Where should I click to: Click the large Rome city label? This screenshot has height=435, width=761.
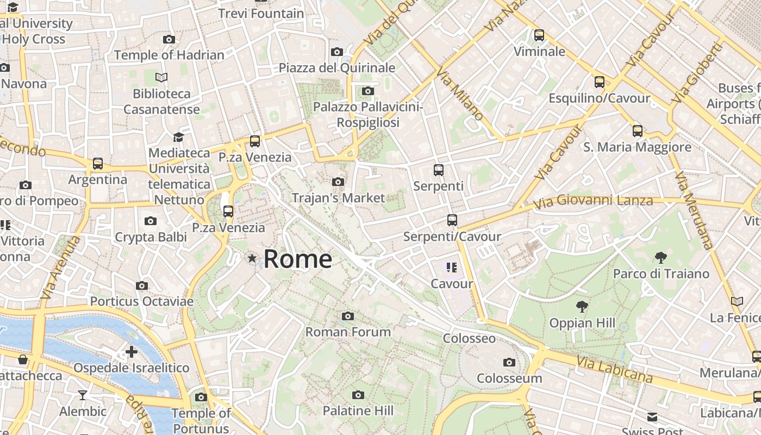click(x=297, y=259)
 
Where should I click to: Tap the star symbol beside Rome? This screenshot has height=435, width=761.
click(x=252, y=258)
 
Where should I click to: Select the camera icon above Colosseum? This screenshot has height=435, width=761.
click(x=509, y=362)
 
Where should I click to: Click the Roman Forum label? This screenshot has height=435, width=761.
click(x=348, y=332)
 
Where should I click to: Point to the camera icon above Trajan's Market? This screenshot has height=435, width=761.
click(x=338, y=182)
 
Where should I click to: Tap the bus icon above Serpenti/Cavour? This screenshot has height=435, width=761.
click(x=452, y=220)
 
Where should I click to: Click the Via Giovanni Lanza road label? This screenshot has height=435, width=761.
click(x=593, y=202)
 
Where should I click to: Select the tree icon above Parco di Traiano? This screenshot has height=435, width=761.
click(x=661, y=257)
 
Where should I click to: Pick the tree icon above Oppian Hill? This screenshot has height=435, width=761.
click(x=582, y=307)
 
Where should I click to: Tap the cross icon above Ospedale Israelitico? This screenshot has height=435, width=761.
click(x=132, y=352)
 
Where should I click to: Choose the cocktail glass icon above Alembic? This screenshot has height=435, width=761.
click(x=83, y=395)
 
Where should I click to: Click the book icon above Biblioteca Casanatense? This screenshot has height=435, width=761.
click(x=161, y=77)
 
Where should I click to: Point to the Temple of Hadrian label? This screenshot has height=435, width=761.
click(x=169, y=55)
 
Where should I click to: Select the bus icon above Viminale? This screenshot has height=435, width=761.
click(x=539, y=35)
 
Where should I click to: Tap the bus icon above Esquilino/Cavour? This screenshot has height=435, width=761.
click(x=600, y=82)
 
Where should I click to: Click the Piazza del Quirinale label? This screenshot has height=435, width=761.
click(x=337, y=68)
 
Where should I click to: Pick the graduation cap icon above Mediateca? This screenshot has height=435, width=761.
click(x=179, y=137)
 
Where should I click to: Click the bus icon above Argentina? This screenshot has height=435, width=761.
click(x=98, y=164)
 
